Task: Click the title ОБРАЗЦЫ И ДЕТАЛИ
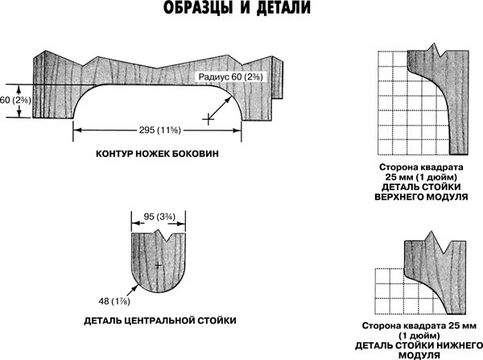point(241,10)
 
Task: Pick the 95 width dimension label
point(159,216)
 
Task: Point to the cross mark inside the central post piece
point(159,265)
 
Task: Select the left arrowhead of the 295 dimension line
point(76,130)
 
